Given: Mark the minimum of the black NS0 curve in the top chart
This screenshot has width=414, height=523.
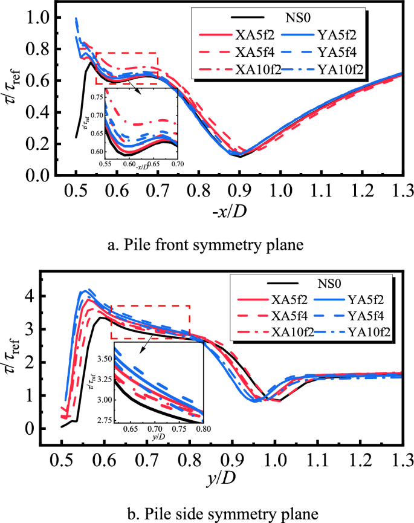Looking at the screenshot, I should pyautogui.click(x=240, y=157).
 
